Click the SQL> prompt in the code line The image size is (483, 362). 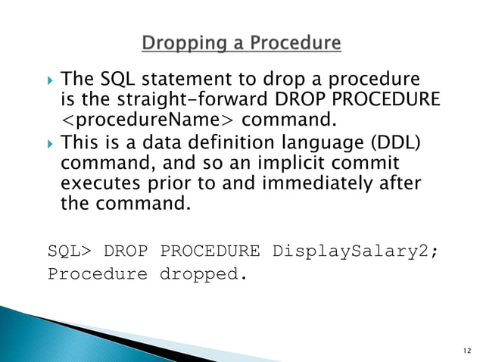pyautogui.click(x=69, y=251)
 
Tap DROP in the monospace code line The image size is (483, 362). pyautogui.click(x=125, y=251)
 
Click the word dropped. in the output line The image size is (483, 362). pyautogui.click(x=203, y=273)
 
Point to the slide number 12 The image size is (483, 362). pyautogui.click(x=465, y=351)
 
